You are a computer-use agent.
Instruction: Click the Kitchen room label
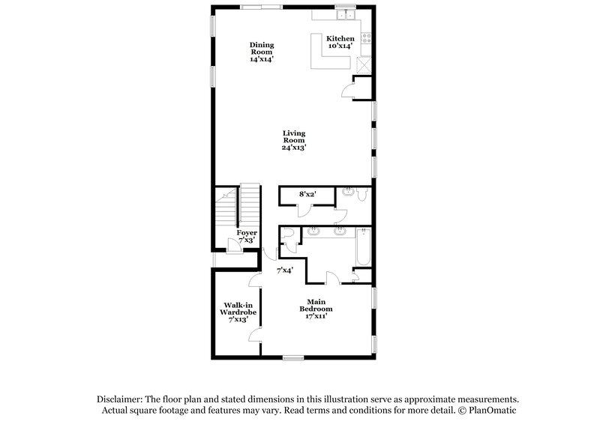(x=340, y=37)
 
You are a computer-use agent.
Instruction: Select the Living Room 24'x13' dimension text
(x=293, y=148)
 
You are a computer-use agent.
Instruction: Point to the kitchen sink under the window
(x=346, y=16)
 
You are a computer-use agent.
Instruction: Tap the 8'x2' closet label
(x=307, y=194)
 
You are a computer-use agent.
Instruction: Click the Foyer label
(x=247, y=233)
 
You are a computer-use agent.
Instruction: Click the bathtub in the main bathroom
(x=364, y=248)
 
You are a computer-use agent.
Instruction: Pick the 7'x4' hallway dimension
(x=284, y=270)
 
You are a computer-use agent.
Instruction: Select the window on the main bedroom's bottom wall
(x=293, y=357)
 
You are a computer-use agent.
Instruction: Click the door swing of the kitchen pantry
(x=347, y=90)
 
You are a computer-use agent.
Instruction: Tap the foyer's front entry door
(x=232, y=249)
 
